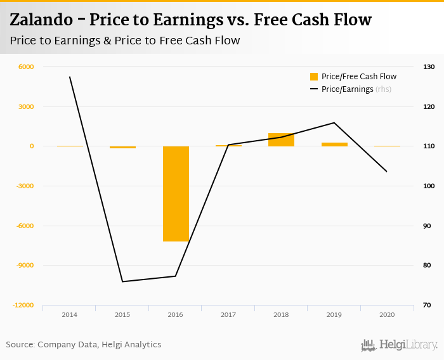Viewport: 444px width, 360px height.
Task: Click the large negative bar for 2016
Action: click(176, 193)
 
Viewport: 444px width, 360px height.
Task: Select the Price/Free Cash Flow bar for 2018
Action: click(281, 139)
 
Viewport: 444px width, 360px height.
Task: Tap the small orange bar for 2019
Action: click(334, 144)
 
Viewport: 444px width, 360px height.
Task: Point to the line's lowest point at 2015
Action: click(122, 281)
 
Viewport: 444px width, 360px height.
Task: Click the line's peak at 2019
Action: click(334, 122)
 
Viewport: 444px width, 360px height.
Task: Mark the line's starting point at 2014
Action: click(70, 77)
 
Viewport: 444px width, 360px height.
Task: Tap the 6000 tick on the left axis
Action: click(25, 67)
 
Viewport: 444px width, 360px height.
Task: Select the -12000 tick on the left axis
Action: click(23, 305)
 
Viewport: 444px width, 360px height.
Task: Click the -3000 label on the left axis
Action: click(25, 186)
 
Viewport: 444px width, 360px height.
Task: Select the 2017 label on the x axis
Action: click(228, 314)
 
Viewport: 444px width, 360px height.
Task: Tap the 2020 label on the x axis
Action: click(387, 314)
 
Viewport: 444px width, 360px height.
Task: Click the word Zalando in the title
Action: click(43, 20)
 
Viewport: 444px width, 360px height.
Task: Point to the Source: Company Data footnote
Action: click(84, 345)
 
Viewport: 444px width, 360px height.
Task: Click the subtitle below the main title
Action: click(125, 41)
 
